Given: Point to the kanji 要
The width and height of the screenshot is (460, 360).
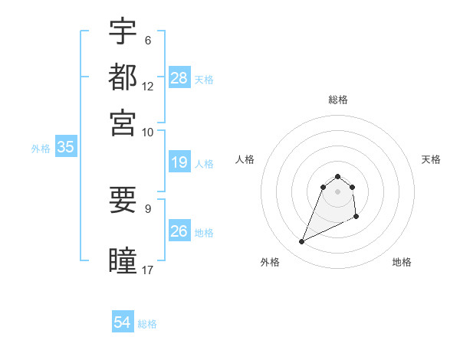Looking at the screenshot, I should click(x=123, y=200).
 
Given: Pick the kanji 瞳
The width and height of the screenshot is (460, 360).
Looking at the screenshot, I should click(x=123, y=260).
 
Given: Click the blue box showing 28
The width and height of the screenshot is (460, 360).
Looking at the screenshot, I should click(x=179, y=78).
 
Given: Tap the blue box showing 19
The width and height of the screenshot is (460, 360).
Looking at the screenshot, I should click(x=179, y=162).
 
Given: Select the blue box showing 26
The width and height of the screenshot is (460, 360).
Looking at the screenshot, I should click(x=179, y=231).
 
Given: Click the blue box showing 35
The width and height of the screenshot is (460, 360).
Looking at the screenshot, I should click(x=66, y=148).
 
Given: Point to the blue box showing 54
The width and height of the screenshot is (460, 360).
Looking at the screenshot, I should click(x=123, y=322).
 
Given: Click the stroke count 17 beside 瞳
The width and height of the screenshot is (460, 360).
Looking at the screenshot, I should click(x=148, y=270).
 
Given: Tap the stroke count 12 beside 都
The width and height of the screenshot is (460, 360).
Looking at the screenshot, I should click(x=148, y=86).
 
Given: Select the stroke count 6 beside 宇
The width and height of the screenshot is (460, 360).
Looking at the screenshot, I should click(x=148, y=40).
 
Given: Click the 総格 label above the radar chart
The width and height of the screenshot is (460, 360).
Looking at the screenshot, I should click(x=337, y=100).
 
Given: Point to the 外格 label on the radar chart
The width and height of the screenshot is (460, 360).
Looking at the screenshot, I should click(x=270, y=262).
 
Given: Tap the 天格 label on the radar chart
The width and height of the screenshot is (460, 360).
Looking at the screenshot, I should click(x=431, y=159).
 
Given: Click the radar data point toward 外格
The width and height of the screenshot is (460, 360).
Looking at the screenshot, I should click(x=302, y=242).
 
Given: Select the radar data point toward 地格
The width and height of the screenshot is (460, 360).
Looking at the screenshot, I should click(x=356, y=218).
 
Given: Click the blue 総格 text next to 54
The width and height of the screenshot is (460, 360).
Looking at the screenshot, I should click(x=147, y=324).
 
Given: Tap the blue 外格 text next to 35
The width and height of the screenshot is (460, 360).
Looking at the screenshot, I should click(x=40, y=149).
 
